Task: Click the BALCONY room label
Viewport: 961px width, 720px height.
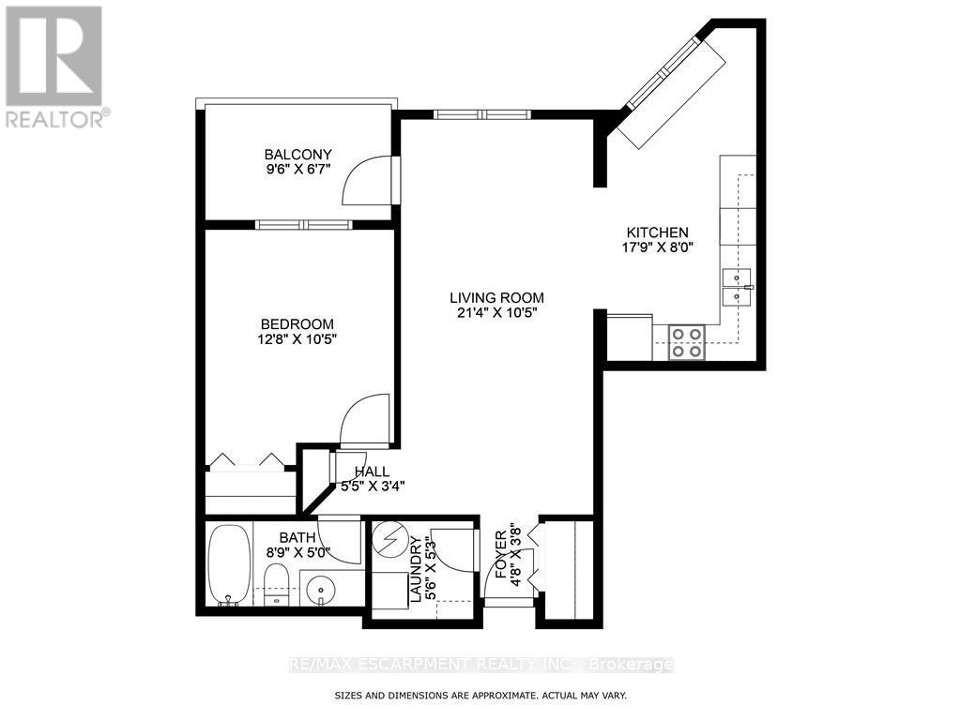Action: pyautogui.click(x=297, y=155)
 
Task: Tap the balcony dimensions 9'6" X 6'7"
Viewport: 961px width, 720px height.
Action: pyautogui.click(x=297, y=171)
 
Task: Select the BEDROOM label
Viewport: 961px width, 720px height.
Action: pyautogui.click(x=297, y=324)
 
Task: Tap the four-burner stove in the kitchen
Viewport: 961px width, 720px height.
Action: pyautogui.click(x=686, y=343)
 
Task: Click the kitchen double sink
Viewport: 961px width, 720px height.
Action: pyautogui.click(x=736, y=286)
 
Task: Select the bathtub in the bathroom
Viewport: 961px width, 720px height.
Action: pyautogui.click(x=228, y=564)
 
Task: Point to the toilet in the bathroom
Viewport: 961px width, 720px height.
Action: pyautogui.click(x=277, y=584)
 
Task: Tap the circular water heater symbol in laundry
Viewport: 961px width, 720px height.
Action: pyautogui.click(x=387, y=541)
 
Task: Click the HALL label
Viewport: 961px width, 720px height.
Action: pyautogui.click(x=372, y=471)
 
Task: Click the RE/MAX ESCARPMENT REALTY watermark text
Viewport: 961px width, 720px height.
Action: pyautogui.click(x=480, y=665)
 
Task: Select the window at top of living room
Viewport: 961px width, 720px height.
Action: pyautogui.click(x=482, y=114)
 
